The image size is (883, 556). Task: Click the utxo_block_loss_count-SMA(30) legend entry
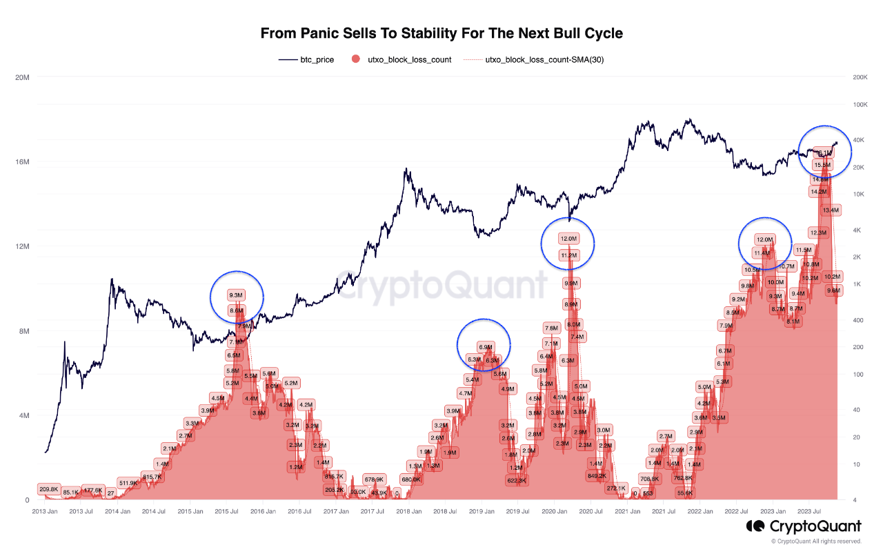544,60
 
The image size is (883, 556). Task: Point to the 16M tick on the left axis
22,162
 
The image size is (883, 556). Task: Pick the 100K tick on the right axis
860,105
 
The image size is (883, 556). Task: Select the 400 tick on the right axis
857,320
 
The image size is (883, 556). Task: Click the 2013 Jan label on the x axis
46,512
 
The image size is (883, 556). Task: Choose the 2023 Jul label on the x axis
808,512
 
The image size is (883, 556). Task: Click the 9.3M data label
236,295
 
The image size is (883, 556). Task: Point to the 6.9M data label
485,348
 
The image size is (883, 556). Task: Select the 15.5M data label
822,166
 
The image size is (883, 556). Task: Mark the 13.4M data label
831,210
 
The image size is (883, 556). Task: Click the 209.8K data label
48,489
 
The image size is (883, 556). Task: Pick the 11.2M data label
568,255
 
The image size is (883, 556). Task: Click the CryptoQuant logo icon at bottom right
754,527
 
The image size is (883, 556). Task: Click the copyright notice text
816,542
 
